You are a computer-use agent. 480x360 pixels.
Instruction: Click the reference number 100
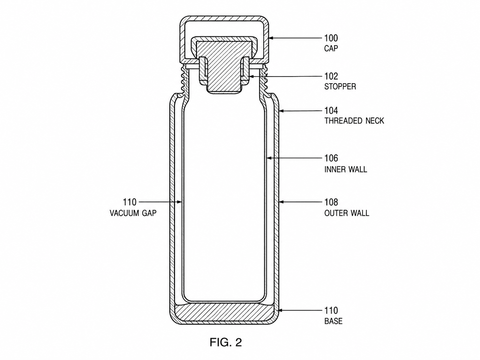pos(331,38)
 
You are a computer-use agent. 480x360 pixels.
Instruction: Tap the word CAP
pos(331,48)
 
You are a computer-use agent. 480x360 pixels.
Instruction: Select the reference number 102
pos(331,76)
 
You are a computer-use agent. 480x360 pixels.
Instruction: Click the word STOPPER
pos(340,87)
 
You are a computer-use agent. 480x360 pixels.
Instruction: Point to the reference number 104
pos(331,111)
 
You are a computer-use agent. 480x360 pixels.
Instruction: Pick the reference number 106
pos(331,158)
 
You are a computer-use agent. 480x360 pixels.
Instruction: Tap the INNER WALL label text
pos(346,169)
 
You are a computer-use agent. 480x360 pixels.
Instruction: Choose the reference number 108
pos(331,203)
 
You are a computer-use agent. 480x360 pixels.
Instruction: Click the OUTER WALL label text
pos(347,213)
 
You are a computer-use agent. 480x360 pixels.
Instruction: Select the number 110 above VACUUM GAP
pos(130,202)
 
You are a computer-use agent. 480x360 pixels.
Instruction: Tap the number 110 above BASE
pos(331,310)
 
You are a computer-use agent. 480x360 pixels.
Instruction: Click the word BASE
pos(333,321)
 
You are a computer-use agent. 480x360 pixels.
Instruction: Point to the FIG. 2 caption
pos(226,342)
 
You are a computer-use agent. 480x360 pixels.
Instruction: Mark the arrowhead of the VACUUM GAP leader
pos(180,202)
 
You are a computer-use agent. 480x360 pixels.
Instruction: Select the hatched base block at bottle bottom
pos(224,313)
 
